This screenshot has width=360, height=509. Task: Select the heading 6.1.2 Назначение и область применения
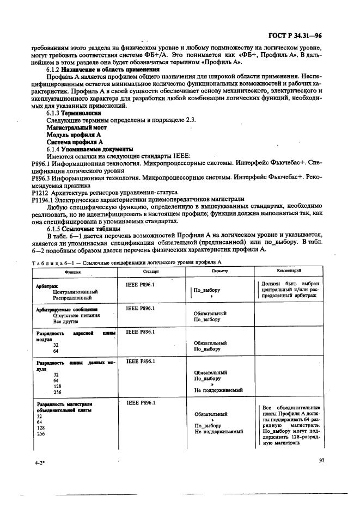[103, 70]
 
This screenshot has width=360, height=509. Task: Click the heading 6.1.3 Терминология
[74, 113]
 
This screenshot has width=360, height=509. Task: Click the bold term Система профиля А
[75, 141]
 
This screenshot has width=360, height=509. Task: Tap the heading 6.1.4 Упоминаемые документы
[90, 149]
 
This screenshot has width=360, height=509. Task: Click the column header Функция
[72, 271]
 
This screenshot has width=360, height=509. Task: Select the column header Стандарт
[151, 271]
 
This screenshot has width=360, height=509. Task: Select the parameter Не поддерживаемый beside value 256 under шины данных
[218, 390]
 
